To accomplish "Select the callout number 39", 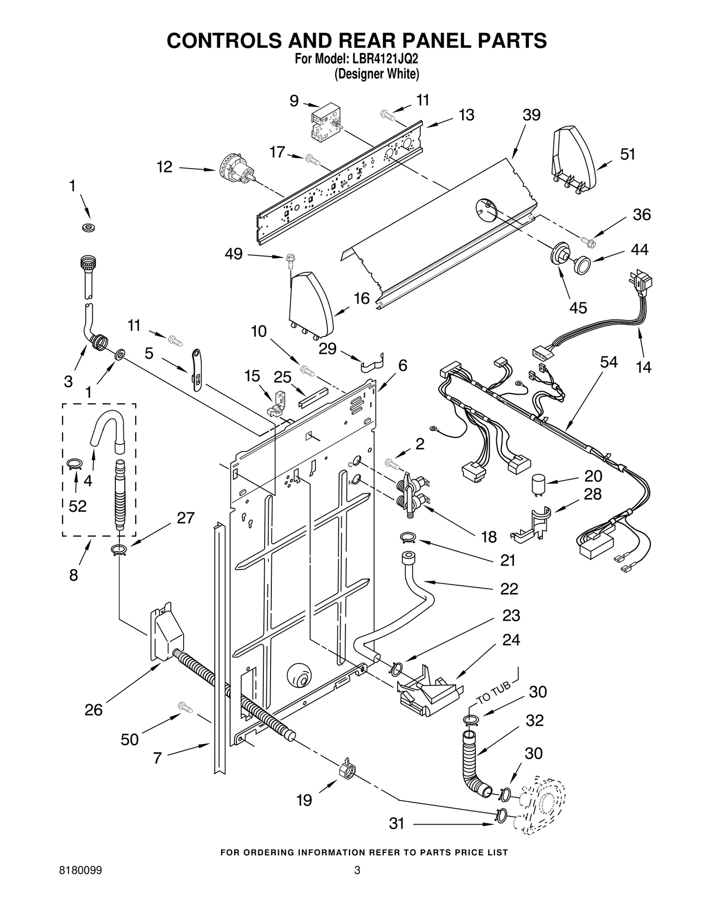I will [531, 115].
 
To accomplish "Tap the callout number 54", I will [608, 362].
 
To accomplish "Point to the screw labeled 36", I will [588, 241].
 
